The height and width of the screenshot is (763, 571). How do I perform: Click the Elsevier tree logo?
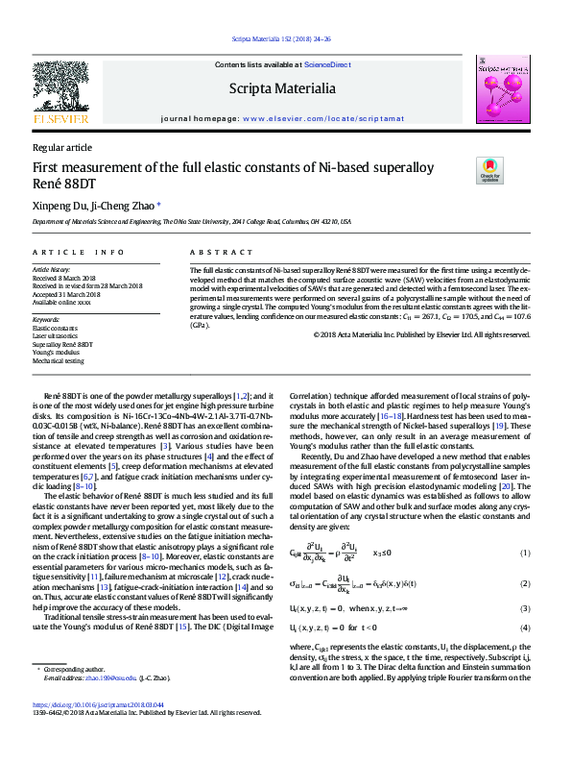60,87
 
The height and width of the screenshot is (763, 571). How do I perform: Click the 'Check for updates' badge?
489,171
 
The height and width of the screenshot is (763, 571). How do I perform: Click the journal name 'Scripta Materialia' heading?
282,89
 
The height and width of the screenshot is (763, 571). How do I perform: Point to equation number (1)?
525,554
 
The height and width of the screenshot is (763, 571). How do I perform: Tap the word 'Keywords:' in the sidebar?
47,319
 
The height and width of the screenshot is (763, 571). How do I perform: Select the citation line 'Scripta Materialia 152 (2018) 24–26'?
282,39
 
